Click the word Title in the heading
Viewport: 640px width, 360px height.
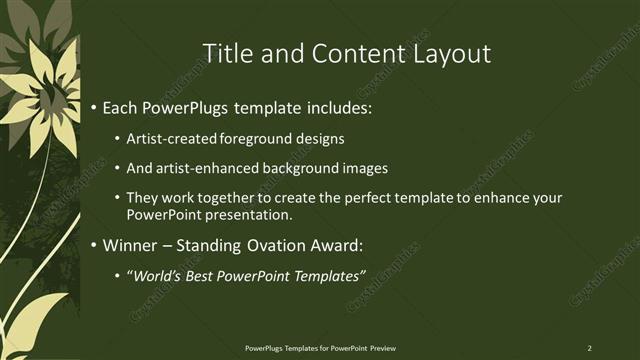click(229, 53)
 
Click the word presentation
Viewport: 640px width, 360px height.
click(255, 215)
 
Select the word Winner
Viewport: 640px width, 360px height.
click(133, 245)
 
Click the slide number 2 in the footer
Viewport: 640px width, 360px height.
click(589, 347)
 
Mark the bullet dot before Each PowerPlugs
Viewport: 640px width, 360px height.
click(94, 106)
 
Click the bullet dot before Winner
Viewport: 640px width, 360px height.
click(94, 245)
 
